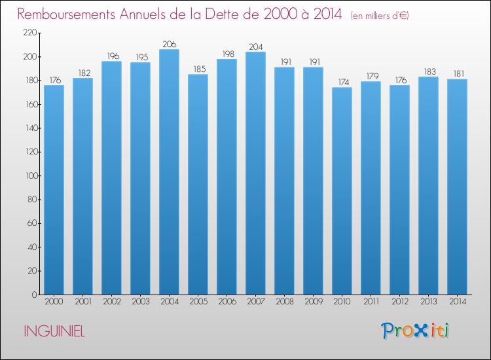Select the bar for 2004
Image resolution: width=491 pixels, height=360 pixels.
pos(169,172)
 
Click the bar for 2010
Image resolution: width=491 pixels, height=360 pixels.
pos(342,191)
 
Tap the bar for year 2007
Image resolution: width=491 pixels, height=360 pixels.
pos(255,173)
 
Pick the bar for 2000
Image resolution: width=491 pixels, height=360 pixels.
pos(54,190)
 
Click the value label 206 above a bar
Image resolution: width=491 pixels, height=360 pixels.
pos(170,44)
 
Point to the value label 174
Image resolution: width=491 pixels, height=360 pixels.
pos(344,82)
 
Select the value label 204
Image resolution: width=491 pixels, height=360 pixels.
pos(256,46)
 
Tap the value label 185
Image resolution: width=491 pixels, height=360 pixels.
pos(200,69)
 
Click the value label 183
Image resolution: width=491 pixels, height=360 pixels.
pos(430,72)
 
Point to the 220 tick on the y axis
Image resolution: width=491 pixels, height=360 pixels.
pos(30,33)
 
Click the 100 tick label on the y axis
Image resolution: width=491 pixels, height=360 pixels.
pos(31,175)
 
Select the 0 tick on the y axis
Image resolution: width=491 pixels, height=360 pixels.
pos(35,295)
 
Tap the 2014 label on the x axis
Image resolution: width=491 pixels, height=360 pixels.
pos(458,302)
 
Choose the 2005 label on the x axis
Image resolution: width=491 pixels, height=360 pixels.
pos(198,302)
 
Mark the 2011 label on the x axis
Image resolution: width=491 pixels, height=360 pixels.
pos(371,302)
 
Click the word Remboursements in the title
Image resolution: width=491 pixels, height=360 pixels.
pos(66,14)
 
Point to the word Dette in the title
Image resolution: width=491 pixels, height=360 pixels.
pos(229,14)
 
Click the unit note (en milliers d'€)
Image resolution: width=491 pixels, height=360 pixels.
pos(380,15)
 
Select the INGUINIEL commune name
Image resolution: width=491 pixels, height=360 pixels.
pos(54,331)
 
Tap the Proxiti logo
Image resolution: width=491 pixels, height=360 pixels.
pos(415,331)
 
